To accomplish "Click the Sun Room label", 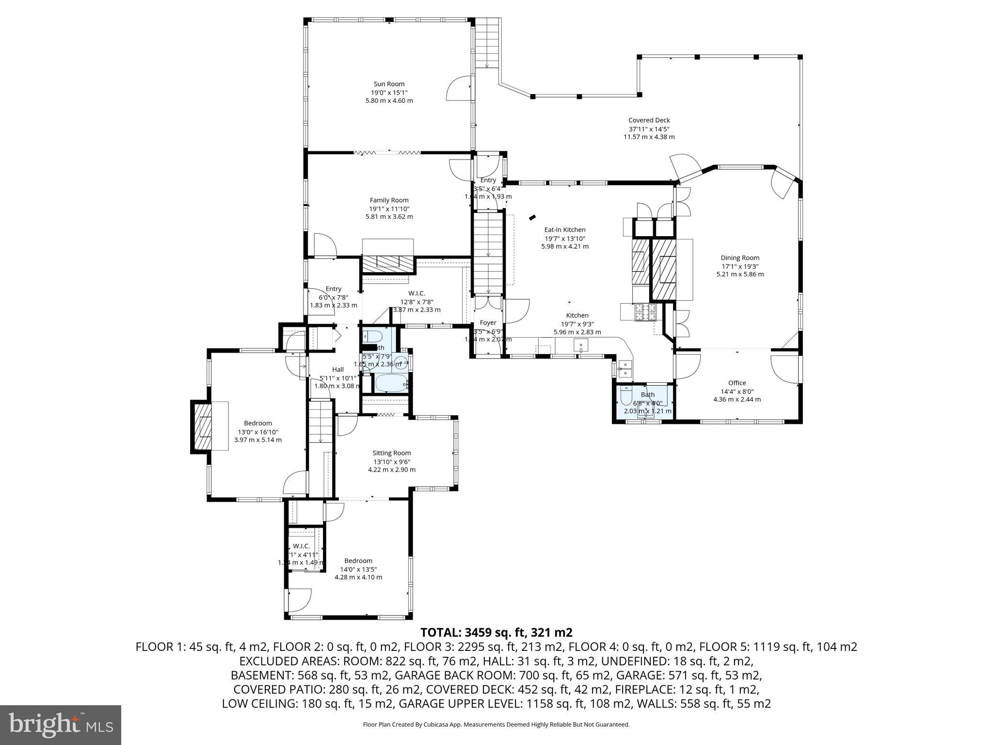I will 389,84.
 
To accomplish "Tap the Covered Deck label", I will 649,120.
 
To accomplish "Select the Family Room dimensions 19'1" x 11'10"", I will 389,209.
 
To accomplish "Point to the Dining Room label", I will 740,258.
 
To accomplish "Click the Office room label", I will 737,383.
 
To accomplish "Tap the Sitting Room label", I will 391,453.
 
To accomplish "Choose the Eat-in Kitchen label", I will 565,230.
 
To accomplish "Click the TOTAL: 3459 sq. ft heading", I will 496,632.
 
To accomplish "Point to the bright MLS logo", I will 61,725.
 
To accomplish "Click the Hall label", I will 338,370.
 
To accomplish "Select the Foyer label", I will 488,323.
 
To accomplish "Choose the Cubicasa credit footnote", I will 496,725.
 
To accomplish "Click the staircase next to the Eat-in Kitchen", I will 489,252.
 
